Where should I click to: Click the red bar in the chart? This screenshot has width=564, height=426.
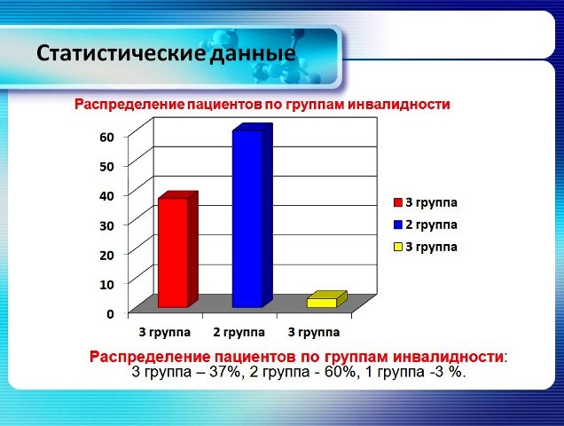(x=173, y=252)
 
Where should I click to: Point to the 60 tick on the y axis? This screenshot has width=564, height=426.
(x=106, y=137)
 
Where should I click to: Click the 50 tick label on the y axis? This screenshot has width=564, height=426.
(x=106, y=166)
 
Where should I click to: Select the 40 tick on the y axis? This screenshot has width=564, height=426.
(x=106, y=195)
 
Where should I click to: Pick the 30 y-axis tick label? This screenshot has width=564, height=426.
(x=106, y=225)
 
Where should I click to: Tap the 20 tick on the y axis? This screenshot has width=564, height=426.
(x=106, y=255)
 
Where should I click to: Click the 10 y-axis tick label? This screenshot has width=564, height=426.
(x=106, y=284)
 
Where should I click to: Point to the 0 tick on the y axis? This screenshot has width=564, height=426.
(x=110, y=313)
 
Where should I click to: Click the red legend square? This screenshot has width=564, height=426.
(x=398, y=202)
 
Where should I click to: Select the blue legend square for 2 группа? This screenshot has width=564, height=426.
(x=398, y=225)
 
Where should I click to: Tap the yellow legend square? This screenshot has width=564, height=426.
(x=398, y=247)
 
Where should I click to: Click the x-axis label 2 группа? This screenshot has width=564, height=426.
(x=238, y=333)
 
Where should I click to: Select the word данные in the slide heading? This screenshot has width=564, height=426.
(x=252, y=53)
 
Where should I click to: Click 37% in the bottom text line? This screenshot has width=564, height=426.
(x=226, y=372)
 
